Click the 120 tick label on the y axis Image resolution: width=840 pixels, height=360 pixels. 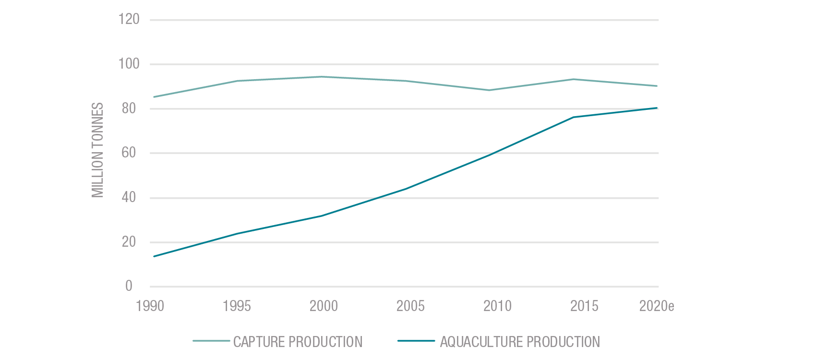[129, 19]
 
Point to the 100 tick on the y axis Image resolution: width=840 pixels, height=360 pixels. [129, 64]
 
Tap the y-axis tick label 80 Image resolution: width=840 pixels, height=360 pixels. [129, 108]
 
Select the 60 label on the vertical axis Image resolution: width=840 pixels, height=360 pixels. [129, 153]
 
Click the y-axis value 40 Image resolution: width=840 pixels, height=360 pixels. [129, 197]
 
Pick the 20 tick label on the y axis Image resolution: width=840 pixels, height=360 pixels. [129, 242]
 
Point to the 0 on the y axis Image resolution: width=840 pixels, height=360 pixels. [129, 286]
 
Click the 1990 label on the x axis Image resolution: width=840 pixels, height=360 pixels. [150, 306]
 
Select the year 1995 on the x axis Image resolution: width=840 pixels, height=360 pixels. [237, 306]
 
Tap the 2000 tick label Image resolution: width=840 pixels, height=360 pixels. [324, 306]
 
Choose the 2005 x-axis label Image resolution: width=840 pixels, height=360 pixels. [410, 306]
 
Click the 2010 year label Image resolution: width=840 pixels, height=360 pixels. [497, 306]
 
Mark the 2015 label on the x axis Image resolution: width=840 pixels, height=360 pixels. [584, 306]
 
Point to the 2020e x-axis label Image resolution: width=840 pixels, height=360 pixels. [656, 306]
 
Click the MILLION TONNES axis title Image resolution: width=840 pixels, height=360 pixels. [98, 150]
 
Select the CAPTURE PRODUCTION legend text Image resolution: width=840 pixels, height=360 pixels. [298, 342]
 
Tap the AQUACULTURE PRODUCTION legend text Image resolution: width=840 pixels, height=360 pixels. [520, 342]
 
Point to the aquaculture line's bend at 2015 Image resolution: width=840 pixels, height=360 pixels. [574, 117]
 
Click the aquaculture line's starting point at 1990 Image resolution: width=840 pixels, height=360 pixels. [154, 256]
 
